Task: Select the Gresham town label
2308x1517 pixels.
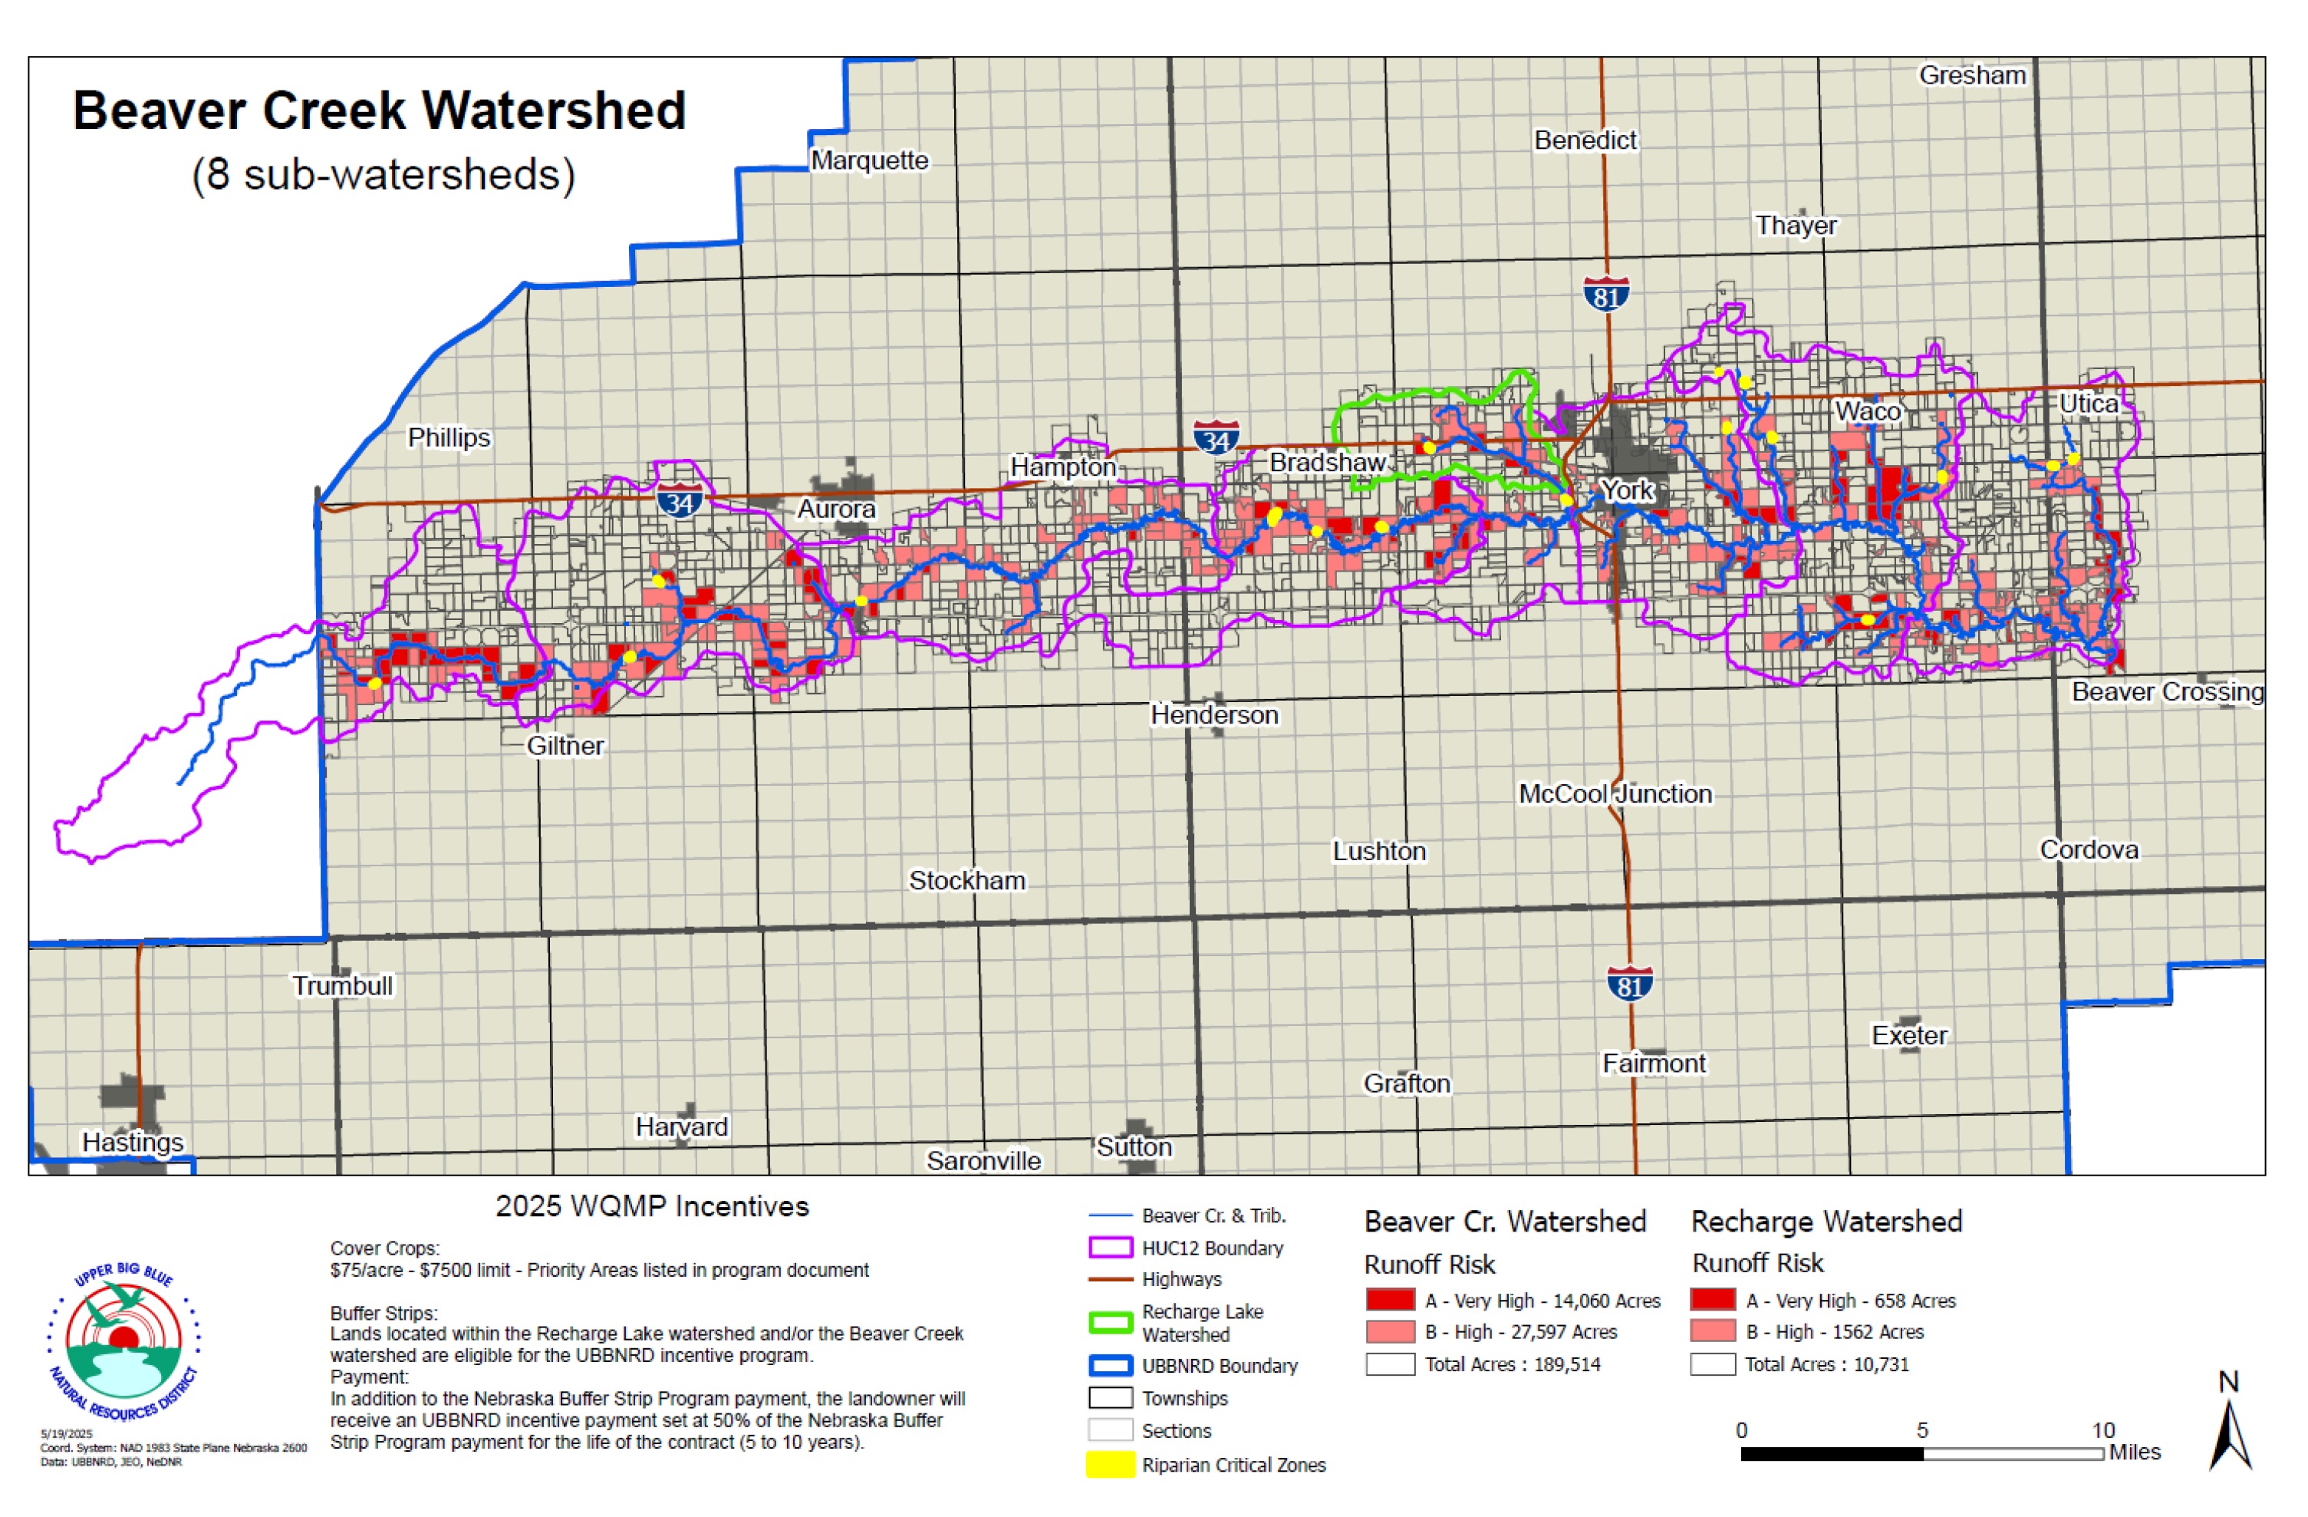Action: point(1973,76)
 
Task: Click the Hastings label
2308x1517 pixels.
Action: point(133,1143)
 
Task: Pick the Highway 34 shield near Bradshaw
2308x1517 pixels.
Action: point(1216,438)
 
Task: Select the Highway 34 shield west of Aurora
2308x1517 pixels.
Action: point(679,502)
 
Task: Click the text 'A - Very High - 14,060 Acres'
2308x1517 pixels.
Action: point(1543,1301)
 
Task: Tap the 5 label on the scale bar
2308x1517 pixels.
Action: point(1922,1430)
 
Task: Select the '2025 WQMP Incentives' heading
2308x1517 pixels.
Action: point(652,1206)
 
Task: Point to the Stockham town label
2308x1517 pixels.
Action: point(966,881)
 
